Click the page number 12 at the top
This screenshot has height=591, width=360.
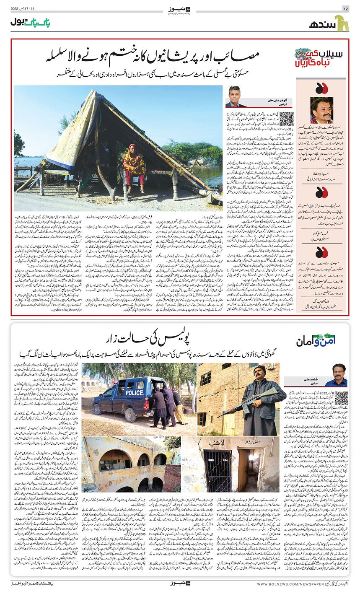point(345,8)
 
